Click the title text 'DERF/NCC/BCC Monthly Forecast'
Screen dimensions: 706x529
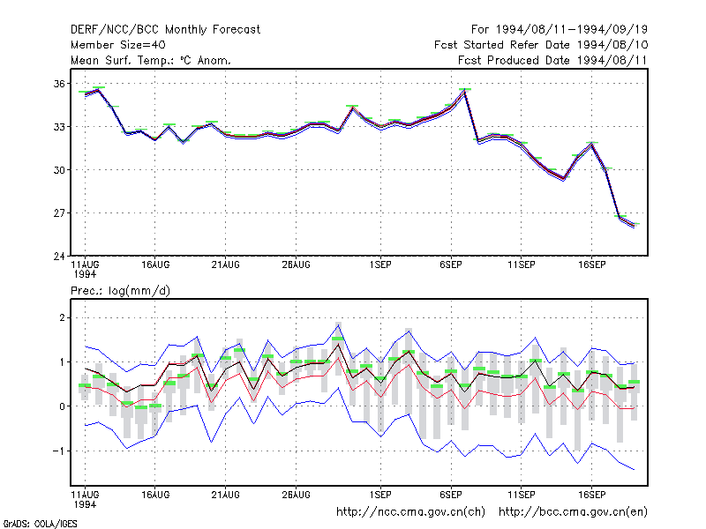pyautogui.click(x=165, y=30)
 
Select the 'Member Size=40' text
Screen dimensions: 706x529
pyautogui.click(x=118, y=45)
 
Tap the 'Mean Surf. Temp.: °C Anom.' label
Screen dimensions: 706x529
pyautogui.click(x=151, y=60)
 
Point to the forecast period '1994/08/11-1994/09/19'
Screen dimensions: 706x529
pyautogui.click(x=571, y=30)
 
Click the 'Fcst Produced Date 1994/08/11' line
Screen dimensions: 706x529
pyautogui.click(x=552, y=60)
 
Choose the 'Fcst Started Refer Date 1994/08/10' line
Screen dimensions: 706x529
pyautogui.click(x=541, y=45)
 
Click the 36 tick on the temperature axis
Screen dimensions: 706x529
pyautogui.click(x=59, y=84)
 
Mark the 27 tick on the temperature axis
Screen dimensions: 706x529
pyautogui.click(x=59, y=212)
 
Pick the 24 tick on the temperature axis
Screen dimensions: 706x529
pyautogui.click(x=59, y=257)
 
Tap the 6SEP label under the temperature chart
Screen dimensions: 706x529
pyautogui.click(x=451, y=265)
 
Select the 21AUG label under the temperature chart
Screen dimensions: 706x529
pyautogui.click(x=226, y=265)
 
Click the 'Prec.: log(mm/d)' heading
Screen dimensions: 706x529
pyautogui.click(x=120, y=291)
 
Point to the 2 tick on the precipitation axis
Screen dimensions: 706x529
pyautogui.click(x=62, y=318)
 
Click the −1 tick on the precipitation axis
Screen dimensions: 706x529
pyautogui.click(x=59, y=451)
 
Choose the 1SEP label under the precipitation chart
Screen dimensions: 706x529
pyautogui.click(x=380, y=495)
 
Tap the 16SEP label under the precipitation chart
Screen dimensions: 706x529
pyautogui.click(x=591, y=495)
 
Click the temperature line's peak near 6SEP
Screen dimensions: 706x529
pyautogui.click(x=465, y=91)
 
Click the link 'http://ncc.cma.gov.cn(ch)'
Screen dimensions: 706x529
pyautogui.click(x=410, y=512)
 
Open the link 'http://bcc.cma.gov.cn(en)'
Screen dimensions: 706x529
pyautogui.click(x=573, y=512)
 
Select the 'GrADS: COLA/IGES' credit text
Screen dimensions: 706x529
pyautogui.click(x=40, y=524)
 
